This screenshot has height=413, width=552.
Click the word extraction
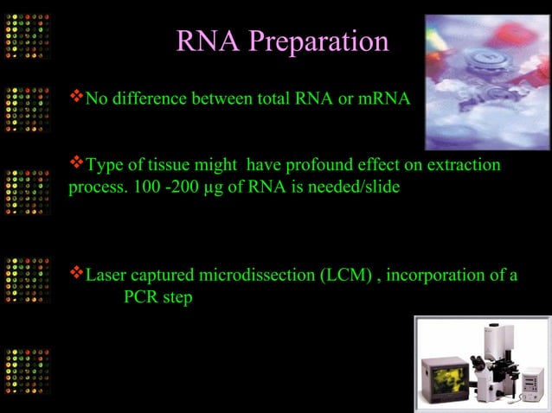464,165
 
